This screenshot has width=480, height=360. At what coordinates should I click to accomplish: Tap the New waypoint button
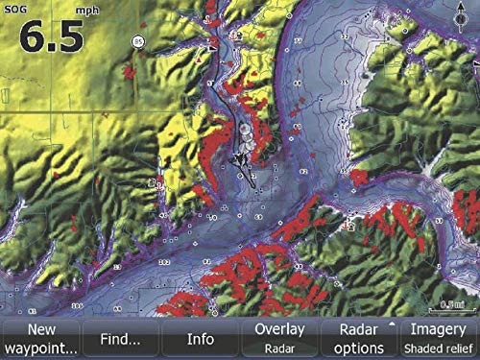(40, 338)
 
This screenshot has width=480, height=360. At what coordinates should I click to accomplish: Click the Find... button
(121, 338)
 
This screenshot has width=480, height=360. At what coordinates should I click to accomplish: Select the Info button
(200, 338)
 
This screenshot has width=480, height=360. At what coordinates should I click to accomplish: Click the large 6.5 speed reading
(48, 38)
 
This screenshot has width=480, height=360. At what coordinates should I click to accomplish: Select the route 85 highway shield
(139, 42)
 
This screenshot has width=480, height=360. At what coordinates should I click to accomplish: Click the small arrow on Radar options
(392, 325)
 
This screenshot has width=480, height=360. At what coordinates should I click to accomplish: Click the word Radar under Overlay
(278, 348)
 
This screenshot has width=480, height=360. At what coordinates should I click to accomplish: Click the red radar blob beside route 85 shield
(128, 70)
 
